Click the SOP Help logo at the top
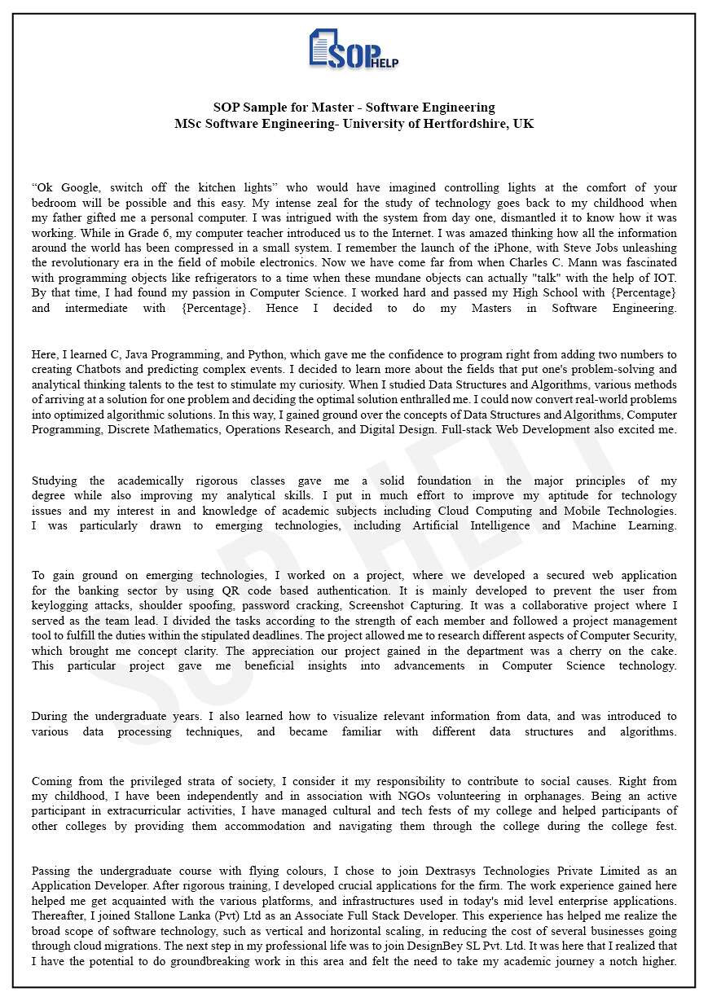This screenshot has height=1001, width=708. point(354,50)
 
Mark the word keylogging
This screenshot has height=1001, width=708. point(63,606)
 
